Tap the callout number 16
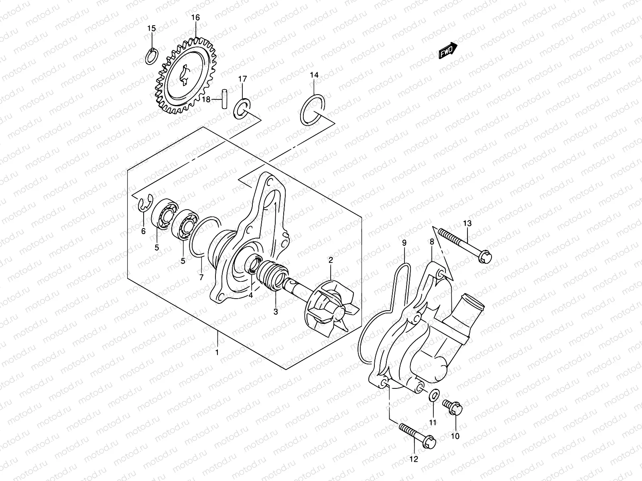pyautogui.click(x=195, y=18)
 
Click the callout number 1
pyautogui.click(x=217, y=353)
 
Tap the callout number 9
pyautogui.click(x=404, y=243)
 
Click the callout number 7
pyautogui.click(x=201, y=277)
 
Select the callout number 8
pyautogui.click(x=432, y=242)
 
